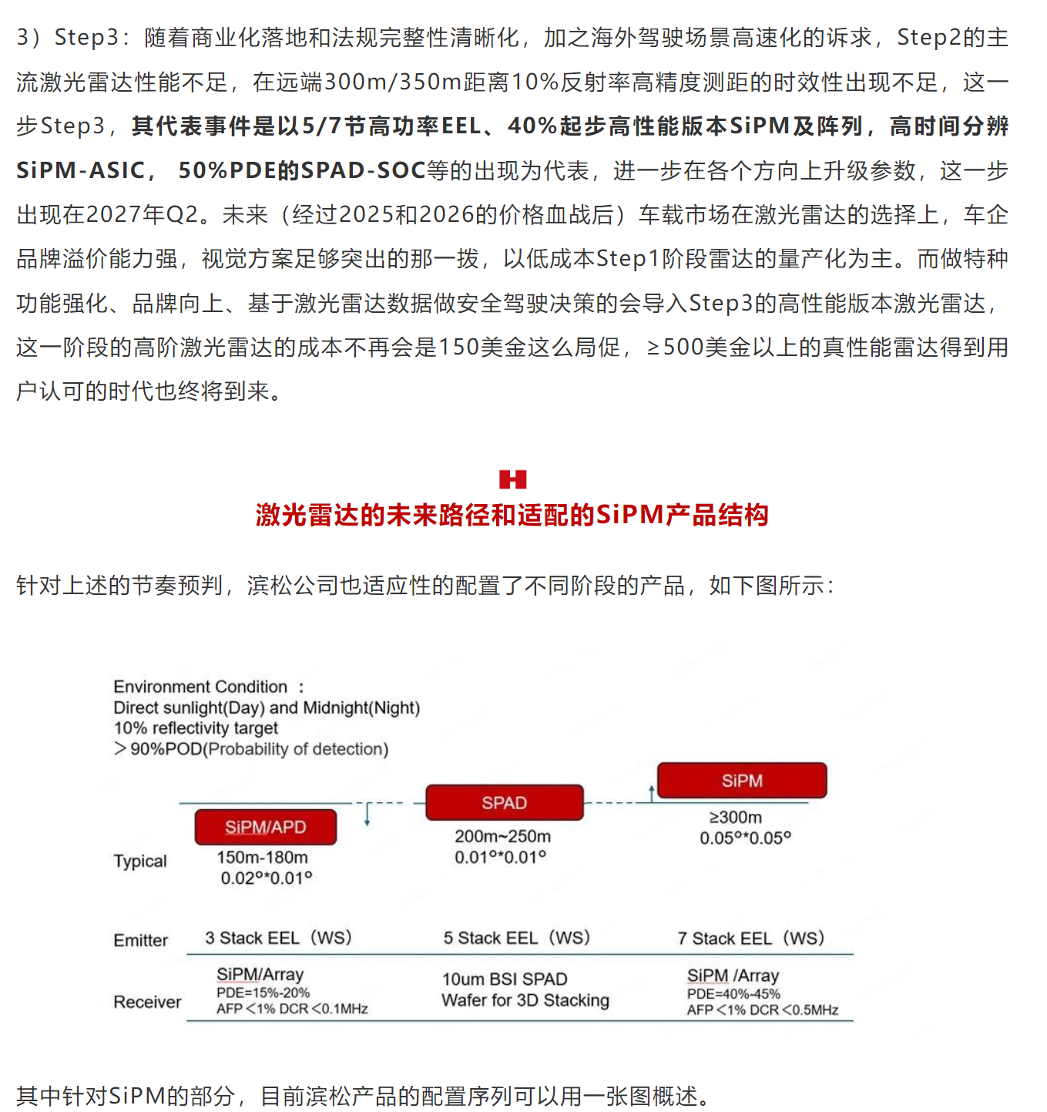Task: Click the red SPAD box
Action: click(x=505, y=802)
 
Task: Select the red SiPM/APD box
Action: click(x=265, y=827)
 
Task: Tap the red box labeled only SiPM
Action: click(x=742, y=781)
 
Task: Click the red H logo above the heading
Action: click(x=512, y=479)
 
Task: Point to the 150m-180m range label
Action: click(x=262, y=857)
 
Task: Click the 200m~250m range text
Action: click(x=502, y=836)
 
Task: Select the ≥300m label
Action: click(x=735, y=817)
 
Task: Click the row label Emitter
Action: click(x=140, y=940)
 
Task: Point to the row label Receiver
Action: click(x=147, y=1002)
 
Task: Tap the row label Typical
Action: click(x=140, y=861)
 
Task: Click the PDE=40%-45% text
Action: click(x=733, y=994)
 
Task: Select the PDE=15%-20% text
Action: click(x=263, y=993)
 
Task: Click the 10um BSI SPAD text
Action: click(x=505, y=979)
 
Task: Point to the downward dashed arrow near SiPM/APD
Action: click(x=367, y=814)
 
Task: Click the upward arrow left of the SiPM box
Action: click(x=652, y=793)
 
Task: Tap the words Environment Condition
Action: click(x=200, y=687)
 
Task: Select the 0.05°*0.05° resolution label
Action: click(x=745, y=838)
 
